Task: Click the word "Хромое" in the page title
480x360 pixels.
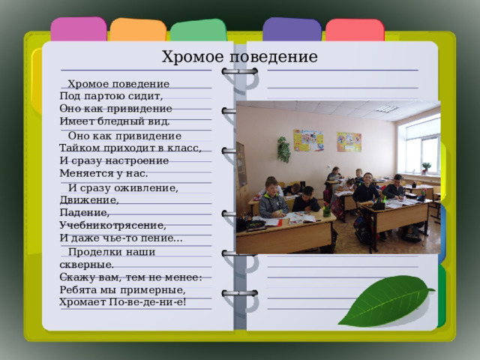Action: coord(187,57)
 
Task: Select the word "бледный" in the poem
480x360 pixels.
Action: coord(121,121)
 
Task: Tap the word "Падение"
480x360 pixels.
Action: coord(79,212)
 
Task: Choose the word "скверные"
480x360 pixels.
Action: coord(86,264)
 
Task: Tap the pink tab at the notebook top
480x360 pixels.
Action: coord(79,30)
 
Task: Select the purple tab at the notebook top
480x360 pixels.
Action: coord(292,30)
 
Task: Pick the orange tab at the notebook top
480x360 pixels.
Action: coord(137,30)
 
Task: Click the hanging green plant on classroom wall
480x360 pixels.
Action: coord(284,148)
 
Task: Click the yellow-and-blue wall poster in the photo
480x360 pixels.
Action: coord(307,140)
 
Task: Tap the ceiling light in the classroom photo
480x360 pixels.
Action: coord(386,109)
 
